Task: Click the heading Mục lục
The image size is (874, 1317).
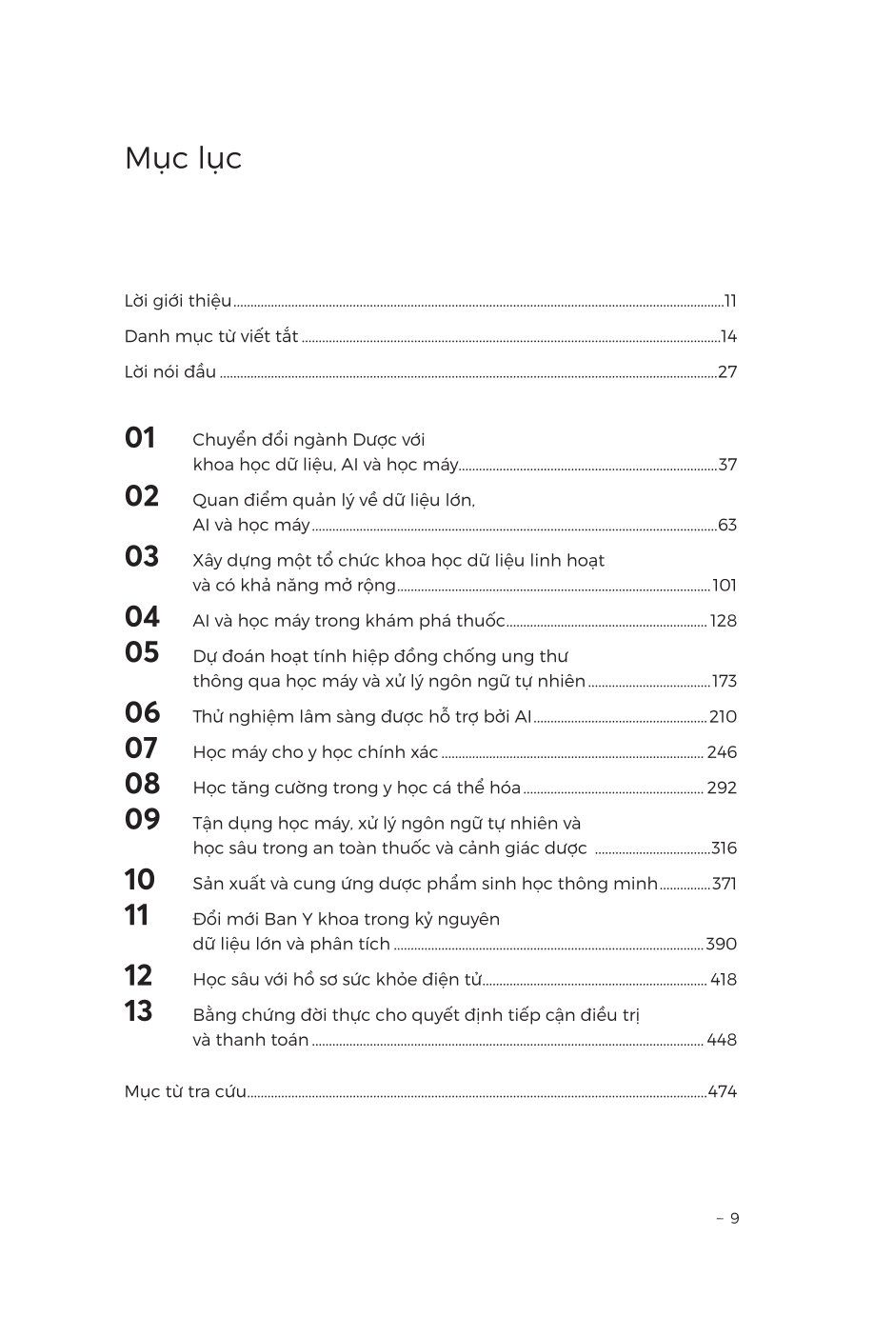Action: tap(183, 159)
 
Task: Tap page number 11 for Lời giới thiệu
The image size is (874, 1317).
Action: tap(730, 302)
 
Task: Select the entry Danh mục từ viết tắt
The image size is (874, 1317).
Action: tap(211, 337)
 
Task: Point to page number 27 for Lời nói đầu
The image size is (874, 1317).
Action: tap(727, 372)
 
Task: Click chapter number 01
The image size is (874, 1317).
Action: tap(140, 438)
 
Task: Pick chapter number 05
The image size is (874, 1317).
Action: tap(141, 653)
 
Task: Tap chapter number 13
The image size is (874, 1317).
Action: tap(138, 1011)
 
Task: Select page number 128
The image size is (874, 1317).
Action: tap(724, 621)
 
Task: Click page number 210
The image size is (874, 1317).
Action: tap(724, 717)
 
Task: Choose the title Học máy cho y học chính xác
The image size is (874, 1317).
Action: tap(315, 752)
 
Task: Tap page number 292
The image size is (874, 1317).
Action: tap(722, 788)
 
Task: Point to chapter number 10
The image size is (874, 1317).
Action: tap(139, 880)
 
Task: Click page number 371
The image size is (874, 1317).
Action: tap(725, 884)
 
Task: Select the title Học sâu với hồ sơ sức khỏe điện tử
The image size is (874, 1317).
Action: tap(337, 980)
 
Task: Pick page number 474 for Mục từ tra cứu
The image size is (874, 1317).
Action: tap(723, 1092)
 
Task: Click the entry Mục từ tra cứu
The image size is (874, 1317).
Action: tap(186, 1092)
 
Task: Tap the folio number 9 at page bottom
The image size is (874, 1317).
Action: tap(734, 1218)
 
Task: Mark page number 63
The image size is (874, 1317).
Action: tap(727, 526)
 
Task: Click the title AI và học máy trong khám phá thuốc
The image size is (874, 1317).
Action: tap(348, 621)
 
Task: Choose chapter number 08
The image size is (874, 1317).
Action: tap(142, 784)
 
